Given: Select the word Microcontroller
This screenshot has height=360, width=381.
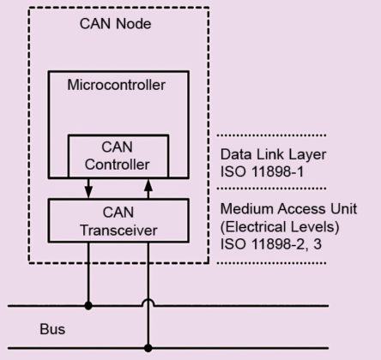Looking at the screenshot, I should coord(116,85).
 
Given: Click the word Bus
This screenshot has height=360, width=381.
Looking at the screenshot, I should coord(52,328).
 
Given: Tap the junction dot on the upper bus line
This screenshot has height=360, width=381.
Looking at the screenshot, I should coord(88,304).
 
